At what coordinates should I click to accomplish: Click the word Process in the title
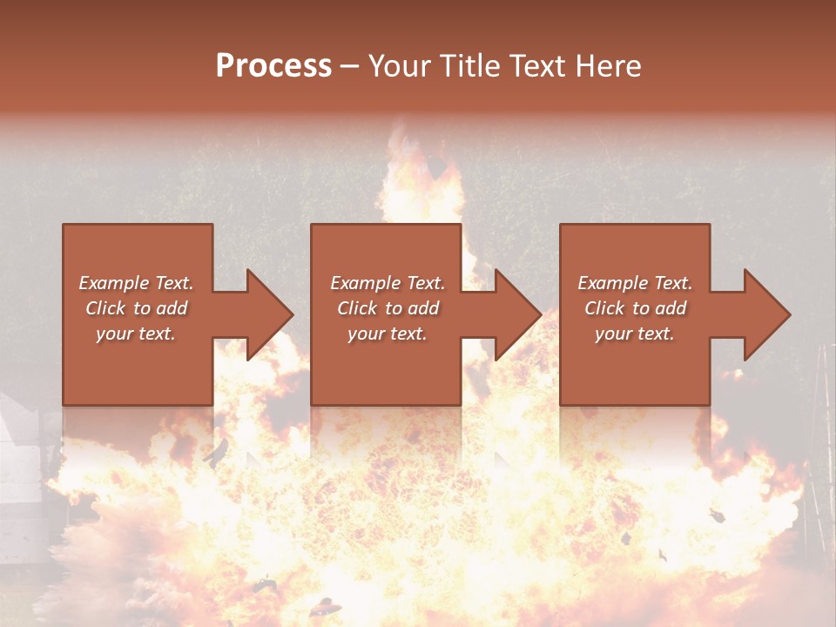point(273,66)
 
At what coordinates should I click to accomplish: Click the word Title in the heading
point(466,66)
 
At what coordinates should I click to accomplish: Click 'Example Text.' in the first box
point(136,283)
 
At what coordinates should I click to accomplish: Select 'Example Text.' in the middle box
point(387,283)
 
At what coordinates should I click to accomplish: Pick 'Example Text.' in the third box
point(635,283)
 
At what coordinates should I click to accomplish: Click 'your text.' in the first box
point(136,334)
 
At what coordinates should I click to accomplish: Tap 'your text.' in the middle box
point(387,334)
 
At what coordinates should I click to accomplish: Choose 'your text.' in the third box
point(635,334)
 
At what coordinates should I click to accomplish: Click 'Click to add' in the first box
point(136,308)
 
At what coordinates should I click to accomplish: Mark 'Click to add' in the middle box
point(387,308)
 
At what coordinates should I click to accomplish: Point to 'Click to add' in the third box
point(635,308)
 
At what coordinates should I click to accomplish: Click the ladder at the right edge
point(819,435)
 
